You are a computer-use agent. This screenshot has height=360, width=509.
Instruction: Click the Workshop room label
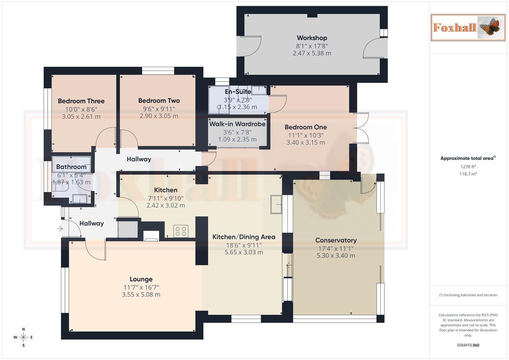pyautogui.click(x=312, y=38)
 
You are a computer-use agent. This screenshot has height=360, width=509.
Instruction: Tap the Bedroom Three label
pyautogui.click(x=81, y=101)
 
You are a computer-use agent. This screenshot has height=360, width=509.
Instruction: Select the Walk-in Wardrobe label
pyautogui.click(x=237, y=124)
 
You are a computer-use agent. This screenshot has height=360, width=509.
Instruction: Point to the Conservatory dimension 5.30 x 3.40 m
pyautogui.click(x=336, y=256)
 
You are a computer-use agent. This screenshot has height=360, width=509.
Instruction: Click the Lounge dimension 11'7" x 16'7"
pyautogui.click(x=141, y=287)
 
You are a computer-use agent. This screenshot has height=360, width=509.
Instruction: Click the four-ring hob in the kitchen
pyautogui.click(x=181, y=231)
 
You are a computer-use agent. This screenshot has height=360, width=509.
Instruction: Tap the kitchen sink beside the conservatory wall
pyautogui.click(x=276, y=204)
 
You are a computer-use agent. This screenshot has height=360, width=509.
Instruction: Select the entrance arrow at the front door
pyautogui.click(x=60, y=229)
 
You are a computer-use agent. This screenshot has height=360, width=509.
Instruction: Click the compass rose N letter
pyautogui.click(x=23, y=329)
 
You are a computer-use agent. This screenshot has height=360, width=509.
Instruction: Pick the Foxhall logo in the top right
pyautogui.click(x=468, y=27)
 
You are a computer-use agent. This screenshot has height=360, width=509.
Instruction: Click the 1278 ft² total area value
pyautogui.click(x=468, y=167)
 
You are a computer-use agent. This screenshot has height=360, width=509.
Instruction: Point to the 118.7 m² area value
pyautogui.click(x=468, y=174)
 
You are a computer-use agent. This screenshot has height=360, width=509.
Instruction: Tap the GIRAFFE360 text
pyautogui.click(x=468, y=345)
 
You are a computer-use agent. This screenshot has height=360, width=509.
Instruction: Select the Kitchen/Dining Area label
pyautogui.click(x=244, y=237)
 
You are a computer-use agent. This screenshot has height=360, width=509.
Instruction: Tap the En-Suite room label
pyautogui.click(x=238, y=92)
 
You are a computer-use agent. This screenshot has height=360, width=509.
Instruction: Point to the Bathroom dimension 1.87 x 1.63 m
pyautogui.click(x=71, y=182)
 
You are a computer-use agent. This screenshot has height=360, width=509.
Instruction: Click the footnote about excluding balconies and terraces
pyautogui.click(x=468, y=295)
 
